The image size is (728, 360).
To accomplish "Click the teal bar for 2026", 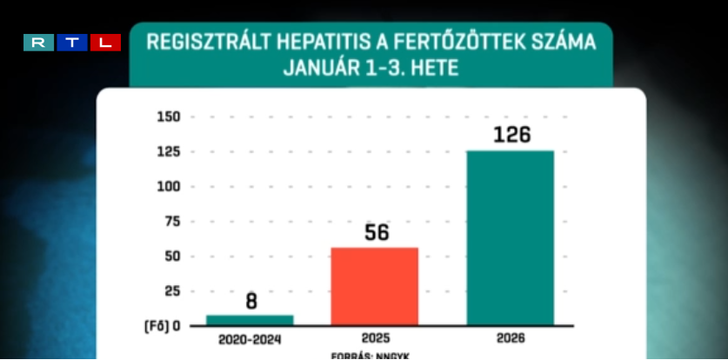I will click(510, 237).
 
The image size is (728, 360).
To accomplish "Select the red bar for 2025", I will click(374, 286).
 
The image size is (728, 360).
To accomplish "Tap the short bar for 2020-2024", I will click(250, 320).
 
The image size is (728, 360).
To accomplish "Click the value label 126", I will click(511, 135).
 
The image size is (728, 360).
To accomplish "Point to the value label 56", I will click(376, 233).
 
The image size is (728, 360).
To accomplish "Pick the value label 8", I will click(250, 302).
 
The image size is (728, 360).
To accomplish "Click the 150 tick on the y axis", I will click(168, 117).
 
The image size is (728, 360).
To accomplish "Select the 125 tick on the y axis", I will click(168, 152).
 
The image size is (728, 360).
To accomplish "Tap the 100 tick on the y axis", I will click(168, 186).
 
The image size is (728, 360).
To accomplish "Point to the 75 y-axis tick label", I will click(170, 221).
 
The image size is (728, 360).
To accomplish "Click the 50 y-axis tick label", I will click(170, 256).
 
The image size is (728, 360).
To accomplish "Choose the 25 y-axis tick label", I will click(170, 290).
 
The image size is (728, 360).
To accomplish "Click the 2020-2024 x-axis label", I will click(250, 338).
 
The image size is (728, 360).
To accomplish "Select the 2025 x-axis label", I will click(375, 338).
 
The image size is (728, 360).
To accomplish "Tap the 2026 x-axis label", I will click(511, 338).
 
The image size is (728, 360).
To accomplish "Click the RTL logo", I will click(72, 43).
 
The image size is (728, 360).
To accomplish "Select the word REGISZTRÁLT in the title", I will click(197, 43).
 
